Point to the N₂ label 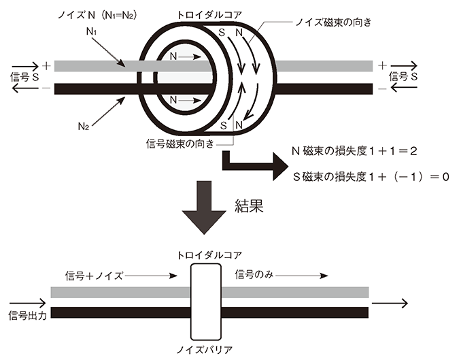point(84,127)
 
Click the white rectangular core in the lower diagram point(206,301)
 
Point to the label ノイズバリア point(205,349)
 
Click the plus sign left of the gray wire point(46,65)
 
